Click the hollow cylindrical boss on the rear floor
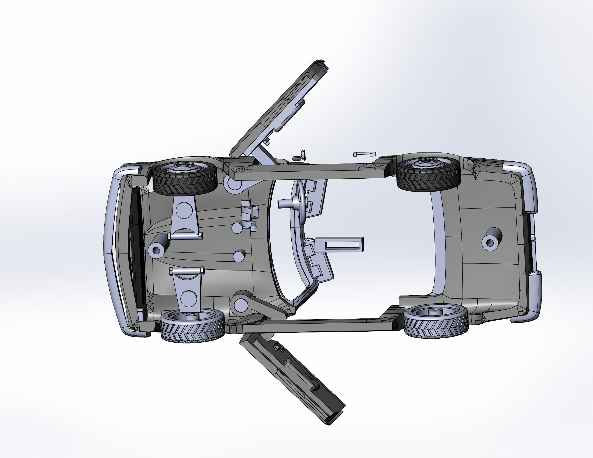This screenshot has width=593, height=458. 491,239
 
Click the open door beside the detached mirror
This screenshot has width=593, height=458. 280,109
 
